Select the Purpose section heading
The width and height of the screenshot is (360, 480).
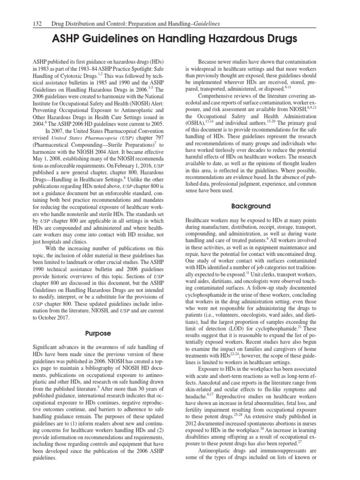pyautogui.click(x=98, y=333)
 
